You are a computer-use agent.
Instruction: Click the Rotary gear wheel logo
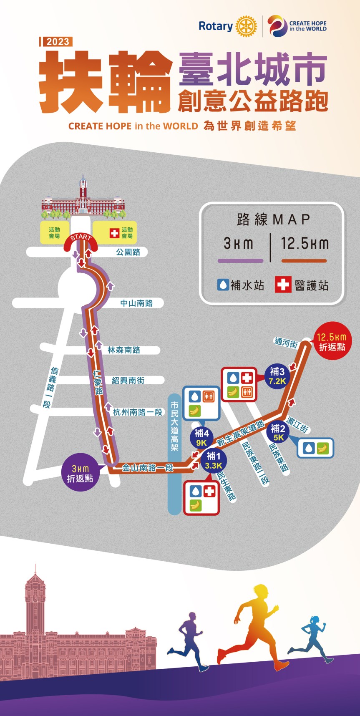[x=246, y=26]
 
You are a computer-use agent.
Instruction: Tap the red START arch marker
[x=81, y=242]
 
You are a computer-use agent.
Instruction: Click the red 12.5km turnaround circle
[x=332, y=342]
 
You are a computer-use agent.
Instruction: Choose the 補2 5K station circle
[x=278, y=432]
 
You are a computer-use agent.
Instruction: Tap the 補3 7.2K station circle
[x=277, y=376]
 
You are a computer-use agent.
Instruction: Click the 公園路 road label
[x=128, y=252]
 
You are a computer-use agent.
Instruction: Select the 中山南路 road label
[x=136, y=303]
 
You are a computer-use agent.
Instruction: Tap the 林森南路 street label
[x=123, y=350]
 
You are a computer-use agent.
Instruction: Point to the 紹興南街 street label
[x=128, y=380]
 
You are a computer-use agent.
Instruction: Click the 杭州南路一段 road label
[x=138, y=412]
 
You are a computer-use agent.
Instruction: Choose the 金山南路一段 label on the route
[x=147, y=468]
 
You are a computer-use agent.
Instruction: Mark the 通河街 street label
[x=286, y=343]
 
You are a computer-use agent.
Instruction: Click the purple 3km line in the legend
[x=240, y=261]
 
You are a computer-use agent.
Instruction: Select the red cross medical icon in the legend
[x=283, y=285]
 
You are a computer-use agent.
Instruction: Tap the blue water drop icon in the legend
[x=223, y=285]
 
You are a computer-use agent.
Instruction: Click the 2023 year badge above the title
[x=58, y=42]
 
